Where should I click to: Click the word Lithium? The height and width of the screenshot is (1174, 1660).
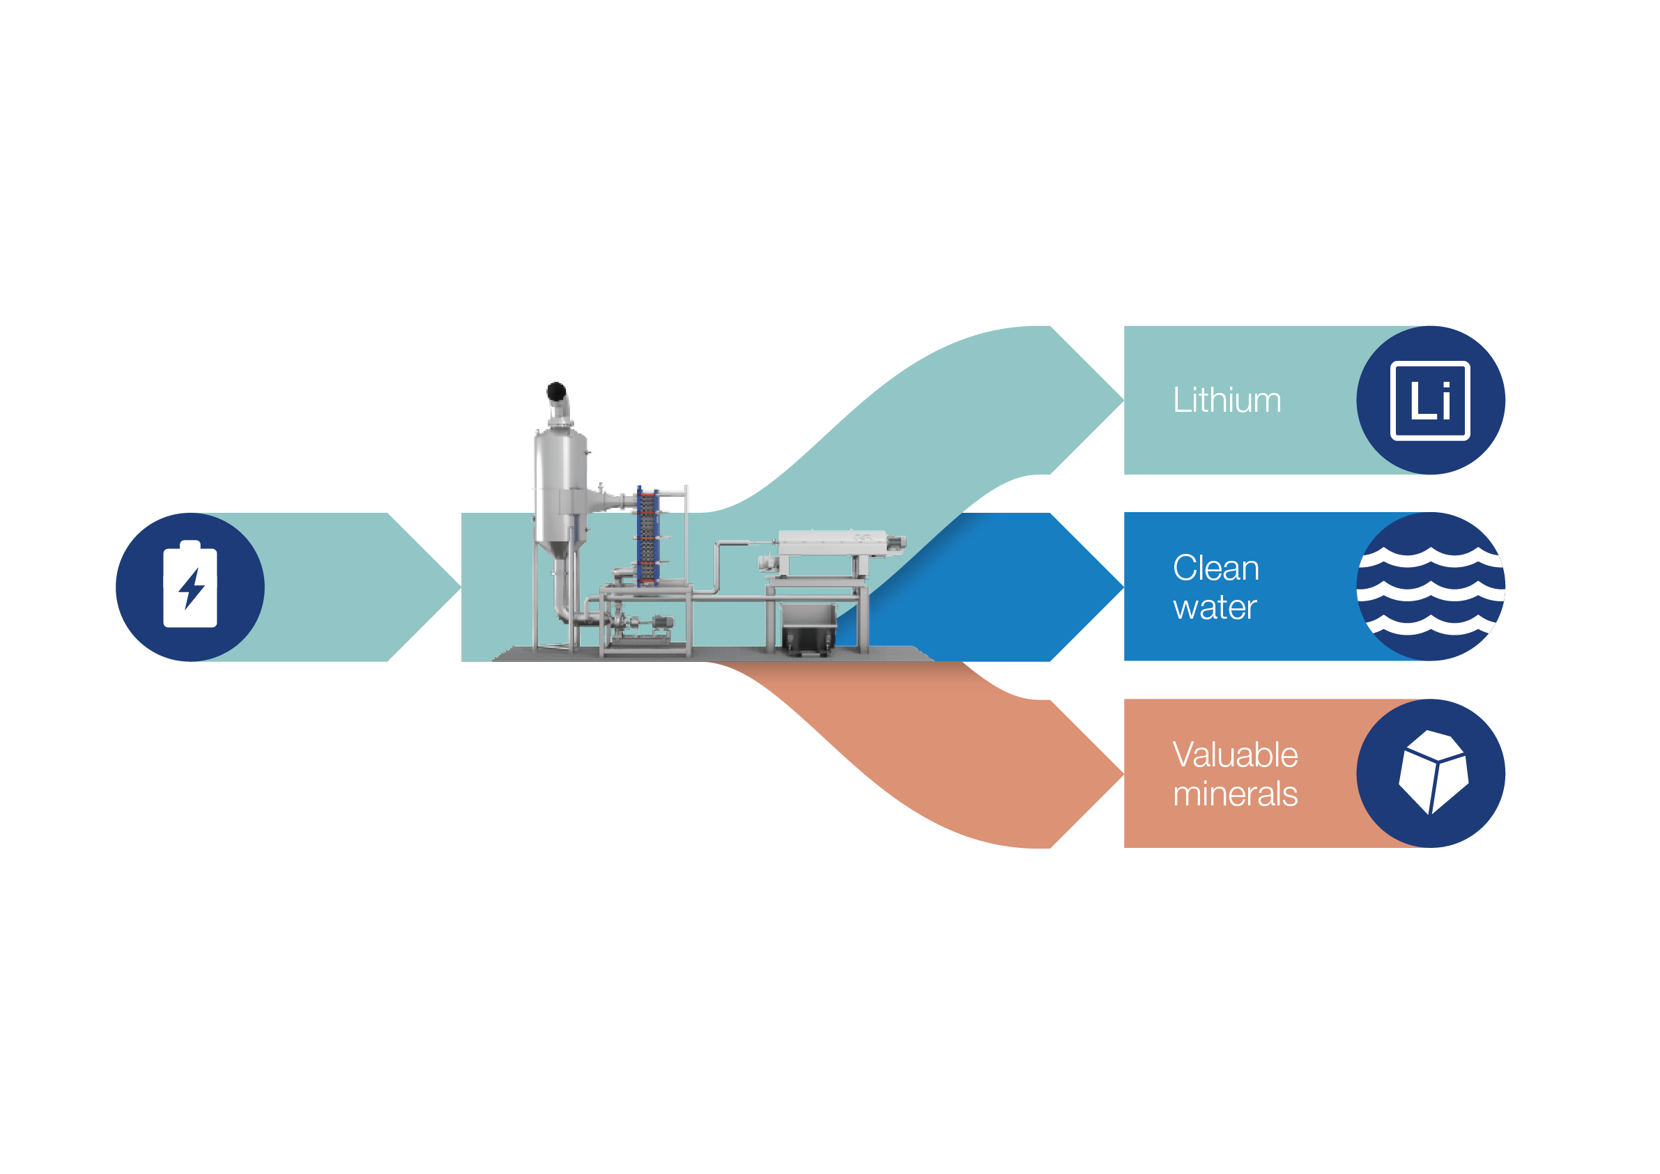[1227, 401]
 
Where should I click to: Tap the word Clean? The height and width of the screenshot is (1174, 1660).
[1215, 569]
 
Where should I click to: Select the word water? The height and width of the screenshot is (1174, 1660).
[1215, 608]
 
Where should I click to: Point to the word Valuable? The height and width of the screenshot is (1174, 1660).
[1235, 755]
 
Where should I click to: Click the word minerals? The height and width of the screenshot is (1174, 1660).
[1235, 794]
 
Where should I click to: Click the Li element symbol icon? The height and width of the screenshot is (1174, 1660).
[1429, 401]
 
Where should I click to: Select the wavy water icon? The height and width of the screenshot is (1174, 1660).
[1430, 589]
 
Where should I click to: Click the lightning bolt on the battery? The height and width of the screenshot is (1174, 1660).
[191, 589]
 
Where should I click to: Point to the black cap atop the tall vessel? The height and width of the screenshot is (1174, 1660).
[556, 391]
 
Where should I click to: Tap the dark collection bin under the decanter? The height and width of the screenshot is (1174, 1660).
[808, 629]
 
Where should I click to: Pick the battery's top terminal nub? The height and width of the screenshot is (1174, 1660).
[190, 544]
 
